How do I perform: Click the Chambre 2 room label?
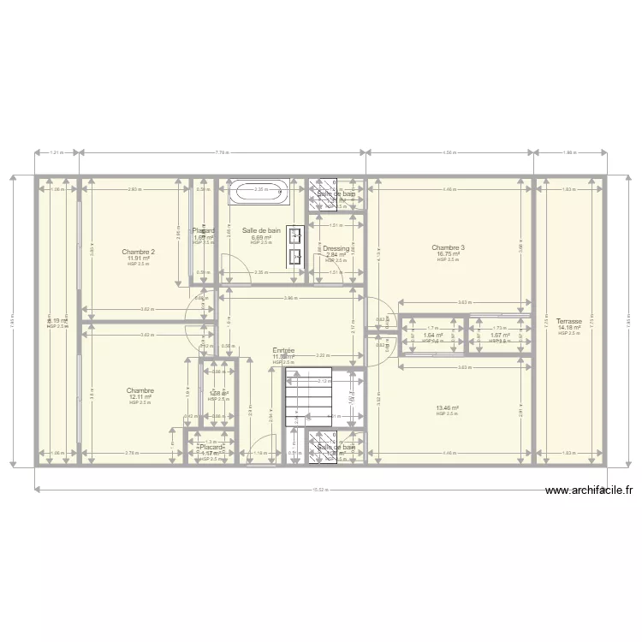click(139, 252)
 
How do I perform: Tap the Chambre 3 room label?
click(449, 248)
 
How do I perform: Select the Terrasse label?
click(569, 322)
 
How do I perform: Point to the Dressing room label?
click(336, 248)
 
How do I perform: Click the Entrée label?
click(283, 350)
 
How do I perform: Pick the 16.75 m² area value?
click(449, 254)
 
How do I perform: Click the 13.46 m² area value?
click(448, 408)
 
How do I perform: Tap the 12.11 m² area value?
click(140, 397)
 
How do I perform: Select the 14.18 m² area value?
click(569, 328)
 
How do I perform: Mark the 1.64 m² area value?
click(433, 336)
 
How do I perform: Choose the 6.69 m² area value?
click(261, 237)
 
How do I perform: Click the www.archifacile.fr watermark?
click(589, 490)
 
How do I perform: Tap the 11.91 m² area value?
click(139, 259)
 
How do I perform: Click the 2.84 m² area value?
click(336, 254)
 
